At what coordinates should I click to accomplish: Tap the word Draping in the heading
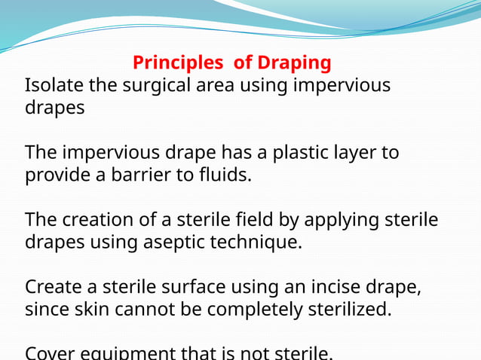point(294,62)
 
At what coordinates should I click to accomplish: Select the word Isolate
point(52,85)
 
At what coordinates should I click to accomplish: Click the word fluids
point(222,175)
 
